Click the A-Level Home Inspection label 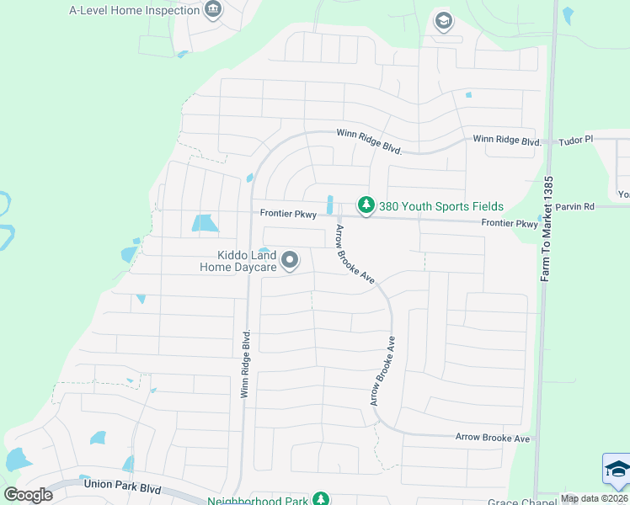tap(130, 11)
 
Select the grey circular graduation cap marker tap(443, 21)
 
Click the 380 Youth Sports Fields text tap(440, 206)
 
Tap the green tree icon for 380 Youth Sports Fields tap(366, 205)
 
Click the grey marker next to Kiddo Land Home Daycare tap(290, 261)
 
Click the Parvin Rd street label tap(578, 206)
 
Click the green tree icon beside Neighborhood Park tap(320, 499)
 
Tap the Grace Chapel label tap(515, 502)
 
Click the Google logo tap(28, 495)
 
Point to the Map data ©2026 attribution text tap(595, 498)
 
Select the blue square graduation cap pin tap(617, 470)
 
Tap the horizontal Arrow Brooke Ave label tap(493, 438)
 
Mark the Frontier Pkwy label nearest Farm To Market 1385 tap(509, 224)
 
